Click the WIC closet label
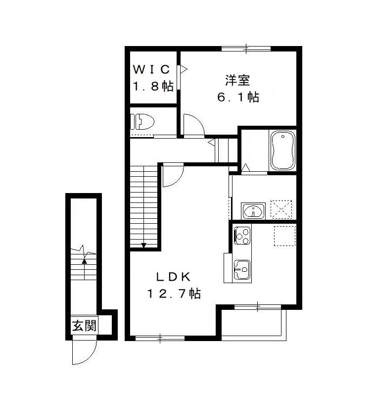151,70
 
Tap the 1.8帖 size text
153,86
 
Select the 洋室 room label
237,80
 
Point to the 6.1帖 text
238,97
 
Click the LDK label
173,277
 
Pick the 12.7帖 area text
174,294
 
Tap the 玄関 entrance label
84,326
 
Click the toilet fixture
142,122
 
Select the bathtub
282,150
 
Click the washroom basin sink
253,210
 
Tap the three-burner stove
242,236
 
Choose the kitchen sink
242,270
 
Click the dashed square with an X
281,209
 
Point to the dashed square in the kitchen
284,236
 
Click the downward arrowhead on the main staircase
143,245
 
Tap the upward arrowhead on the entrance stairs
85,261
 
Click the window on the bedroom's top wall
246,49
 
